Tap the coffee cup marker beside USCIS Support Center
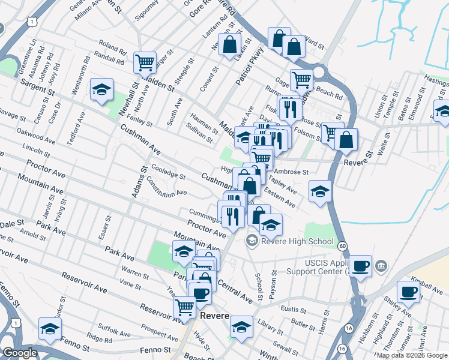coord(360,266)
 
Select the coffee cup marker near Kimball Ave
coord(409,292)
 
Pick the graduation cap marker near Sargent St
coord(101,90)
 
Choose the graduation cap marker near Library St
coord(241,327)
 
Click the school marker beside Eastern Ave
coord(321,192)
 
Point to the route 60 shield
coord(342,246)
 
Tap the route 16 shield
coord(342,349)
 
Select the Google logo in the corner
coord(20,353)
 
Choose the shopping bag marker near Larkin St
coord(229,44)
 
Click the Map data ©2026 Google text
coord(412,355)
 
